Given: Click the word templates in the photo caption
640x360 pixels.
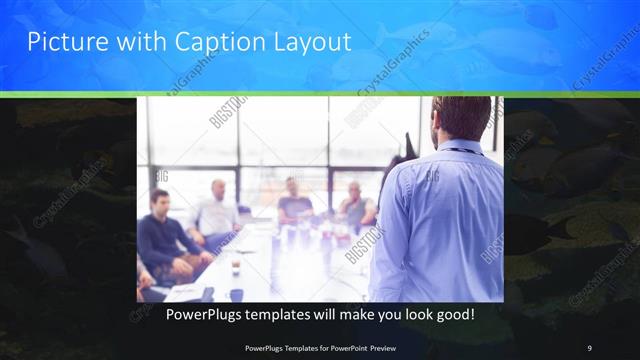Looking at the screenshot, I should pos(278,314).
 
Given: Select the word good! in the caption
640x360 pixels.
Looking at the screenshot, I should pos(454,314).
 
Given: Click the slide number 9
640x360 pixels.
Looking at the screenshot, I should pos(589,347).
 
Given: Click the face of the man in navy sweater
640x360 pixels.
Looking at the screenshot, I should pos(159,201).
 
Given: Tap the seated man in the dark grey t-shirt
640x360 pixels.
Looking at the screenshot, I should pos(293,200).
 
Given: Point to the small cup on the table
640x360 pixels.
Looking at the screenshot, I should pos(235,267).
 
